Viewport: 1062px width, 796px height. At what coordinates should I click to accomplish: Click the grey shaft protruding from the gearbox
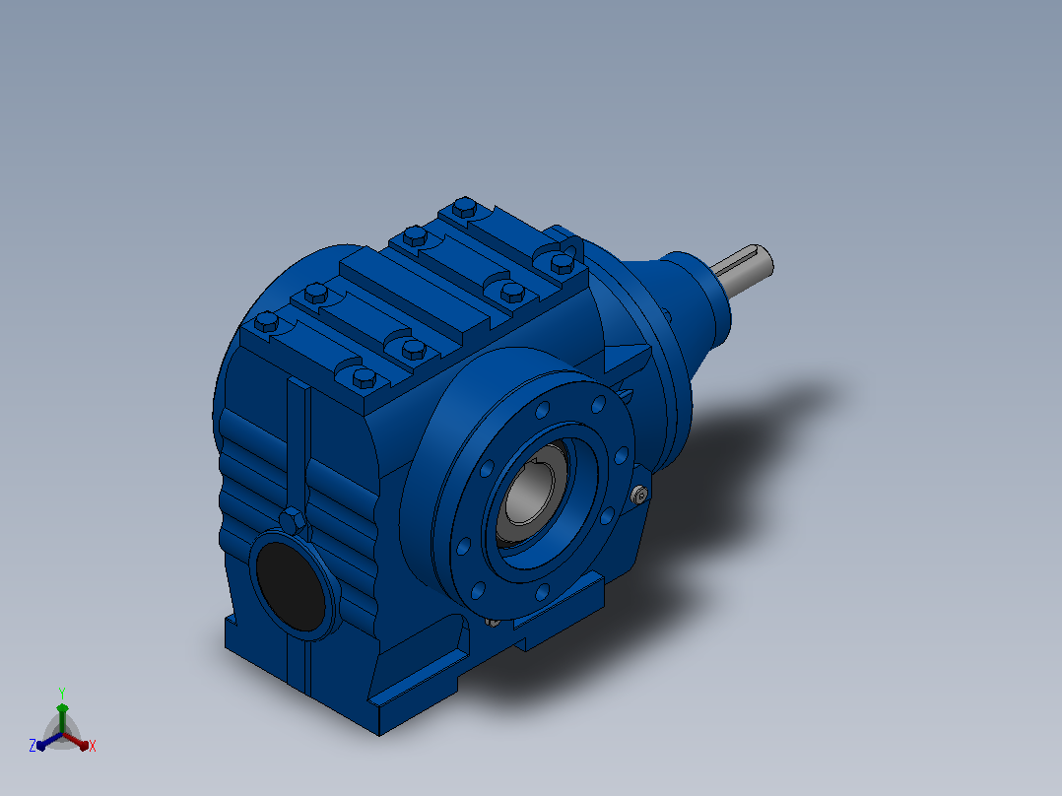(x=743, y=269)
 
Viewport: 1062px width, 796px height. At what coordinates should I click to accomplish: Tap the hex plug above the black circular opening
(x=292, y=522)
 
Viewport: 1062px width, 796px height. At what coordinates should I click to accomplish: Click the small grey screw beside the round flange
(x=639, y=496)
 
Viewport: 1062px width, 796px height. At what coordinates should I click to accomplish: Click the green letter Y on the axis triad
(x=62, y=693)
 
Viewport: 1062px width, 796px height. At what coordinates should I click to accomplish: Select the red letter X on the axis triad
(x=93, y=746)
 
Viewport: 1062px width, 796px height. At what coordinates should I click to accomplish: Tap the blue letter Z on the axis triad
(x=33, y=746)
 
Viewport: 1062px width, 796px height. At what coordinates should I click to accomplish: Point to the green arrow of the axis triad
(x=62, y=717)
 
